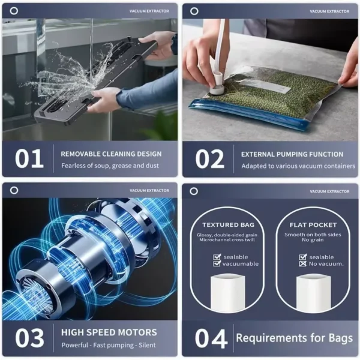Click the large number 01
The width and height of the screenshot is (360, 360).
pyautogui.click(x=29, y=158)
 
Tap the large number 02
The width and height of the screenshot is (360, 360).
pyautogui.click(x=209, y=159)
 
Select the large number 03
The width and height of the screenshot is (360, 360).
pyautogui.click(x=29, y=338)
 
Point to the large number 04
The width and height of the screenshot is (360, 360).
pyautogui.click(x=211, y=338)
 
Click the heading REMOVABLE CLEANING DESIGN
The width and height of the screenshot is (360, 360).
pyautogui.click(x=111, y=154)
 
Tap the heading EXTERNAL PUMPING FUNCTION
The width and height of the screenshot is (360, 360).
pyautogui.click(x=292, y=154)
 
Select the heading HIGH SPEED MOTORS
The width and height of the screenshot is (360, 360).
pyautogui.click(x=109, y=332)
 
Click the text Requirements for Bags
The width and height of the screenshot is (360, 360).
pyautogui.click(x=295, y=338)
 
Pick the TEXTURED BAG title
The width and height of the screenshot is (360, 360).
pyautogui.click(x=228, y=225)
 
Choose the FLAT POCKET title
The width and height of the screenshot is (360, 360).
pyautogui.click(x=313, y=225)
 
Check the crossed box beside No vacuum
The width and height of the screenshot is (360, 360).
pyautogui.click(x=303, y=264)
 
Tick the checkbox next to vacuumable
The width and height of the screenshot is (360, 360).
pyautogui.click(x=217, y=263)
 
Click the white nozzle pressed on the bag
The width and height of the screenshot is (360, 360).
pyautogui.click(x=217, y=85)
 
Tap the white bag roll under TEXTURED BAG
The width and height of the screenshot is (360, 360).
pyautogui.click(x=228, y=292)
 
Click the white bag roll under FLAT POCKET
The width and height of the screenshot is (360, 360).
pyautogui.click(x=313, y=293)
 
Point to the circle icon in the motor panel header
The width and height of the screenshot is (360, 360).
pyautogui.click(x=14, y=190)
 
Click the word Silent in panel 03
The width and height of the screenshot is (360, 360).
pyautogui.click(x=147, y=345)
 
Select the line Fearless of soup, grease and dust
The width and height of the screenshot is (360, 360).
pyautogui.click(x=110, y=166)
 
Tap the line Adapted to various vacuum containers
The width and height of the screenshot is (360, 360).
pyautogui.click(x=298, y=166)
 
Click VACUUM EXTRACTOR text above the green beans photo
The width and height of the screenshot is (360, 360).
pyautogui.click(x=329, y=11)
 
